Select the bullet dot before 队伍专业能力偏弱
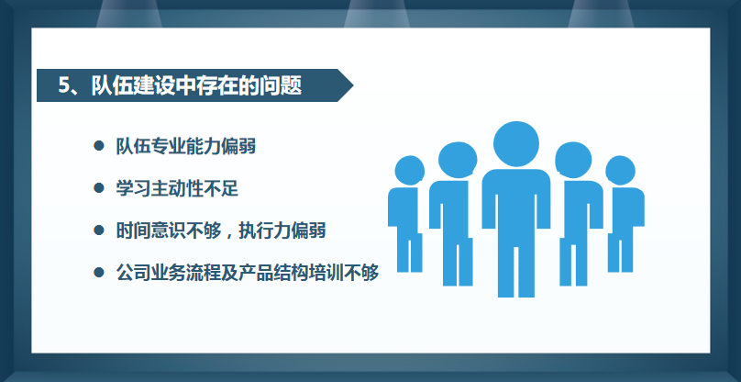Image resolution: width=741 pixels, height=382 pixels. [99, 145]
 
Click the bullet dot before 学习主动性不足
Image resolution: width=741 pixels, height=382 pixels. [99, 187]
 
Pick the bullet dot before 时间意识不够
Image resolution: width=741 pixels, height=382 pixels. [99, 230]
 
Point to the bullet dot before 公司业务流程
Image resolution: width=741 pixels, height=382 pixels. [99, 272]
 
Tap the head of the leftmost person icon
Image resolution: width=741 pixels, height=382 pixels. [410, 170]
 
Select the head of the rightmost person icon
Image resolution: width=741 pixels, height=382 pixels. [620, 170]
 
